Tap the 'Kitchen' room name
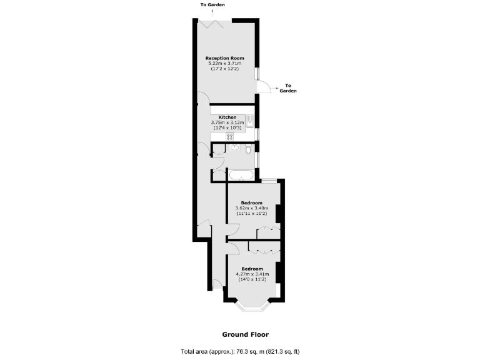click(227, 117)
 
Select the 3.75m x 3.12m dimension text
click(227, 122)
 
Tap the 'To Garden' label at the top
click(212, 5)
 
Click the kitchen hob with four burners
click(229, 136)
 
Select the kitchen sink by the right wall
click(249, 120)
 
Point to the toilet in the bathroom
click(248, 149)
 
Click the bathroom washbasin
click(234, 147)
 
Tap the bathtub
click(240, 175)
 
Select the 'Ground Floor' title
click(245, 334)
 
